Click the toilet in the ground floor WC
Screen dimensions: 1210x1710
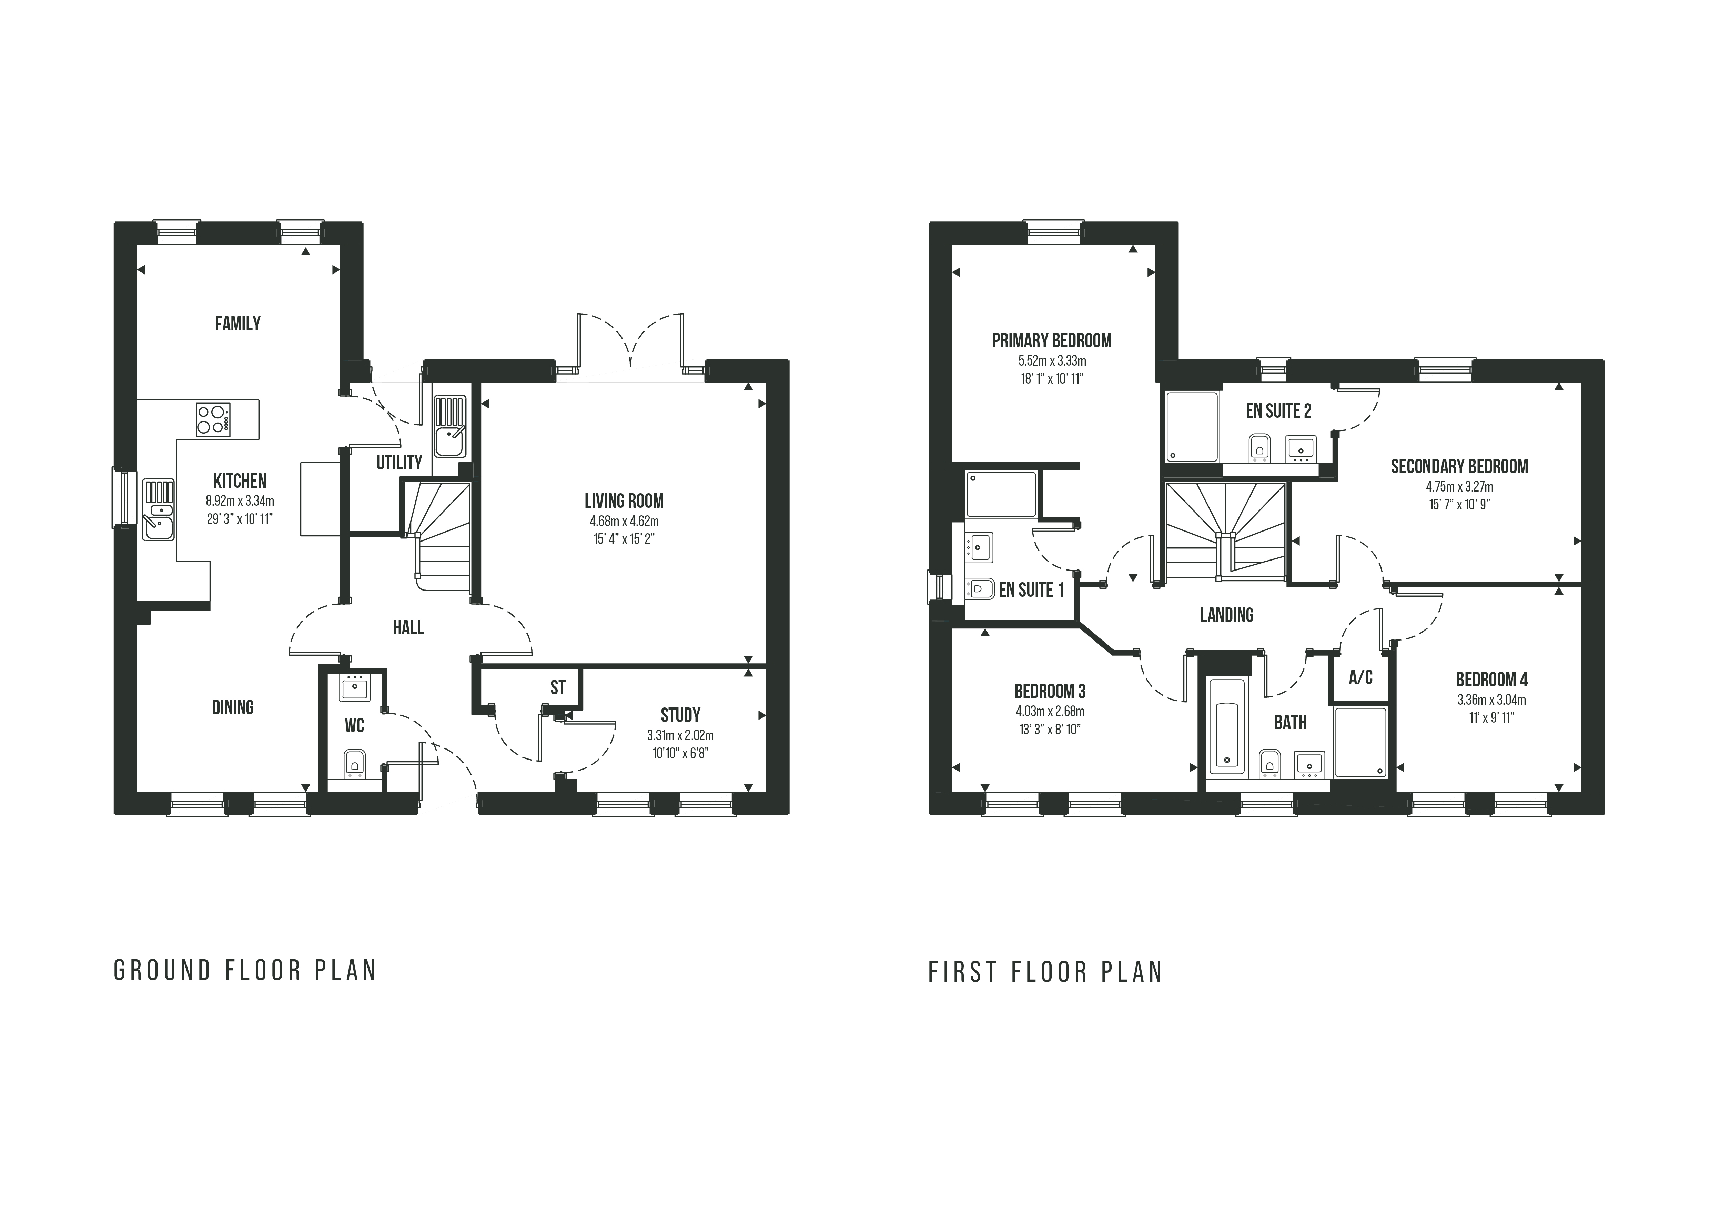pyautogui.click(x=354, y=763)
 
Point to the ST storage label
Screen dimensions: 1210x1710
pyautogui.click(x=558, y=688)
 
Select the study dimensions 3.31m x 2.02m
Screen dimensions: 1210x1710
pyautogui.click(x=680, y=735)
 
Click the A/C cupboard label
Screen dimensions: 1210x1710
pyautogui.click(x=1361, y=677)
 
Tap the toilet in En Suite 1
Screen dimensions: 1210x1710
pyautogui.click(x=980, y=589)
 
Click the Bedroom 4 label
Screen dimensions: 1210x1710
pyautogui.click(x=1491, y=680)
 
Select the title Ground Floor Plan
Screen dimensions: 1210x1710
pyautogui.click(x=245, y=971)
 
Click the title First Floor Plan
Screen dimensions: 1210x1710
pyautogui.click(x=1045, y=972)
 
